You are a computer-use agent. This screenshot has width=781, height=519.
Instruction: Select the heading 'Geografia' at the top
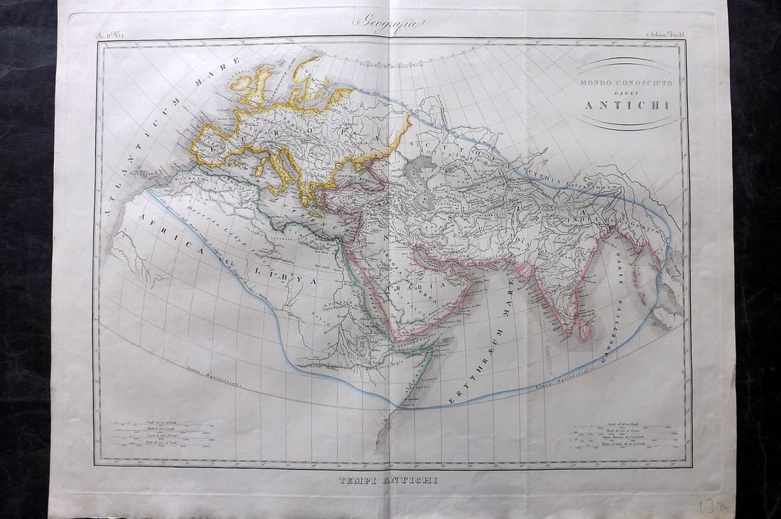(x=389, y=23)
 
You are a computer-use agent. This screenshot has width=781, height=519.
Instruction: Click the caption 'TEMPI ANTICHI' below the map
(x=390, y=481)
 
